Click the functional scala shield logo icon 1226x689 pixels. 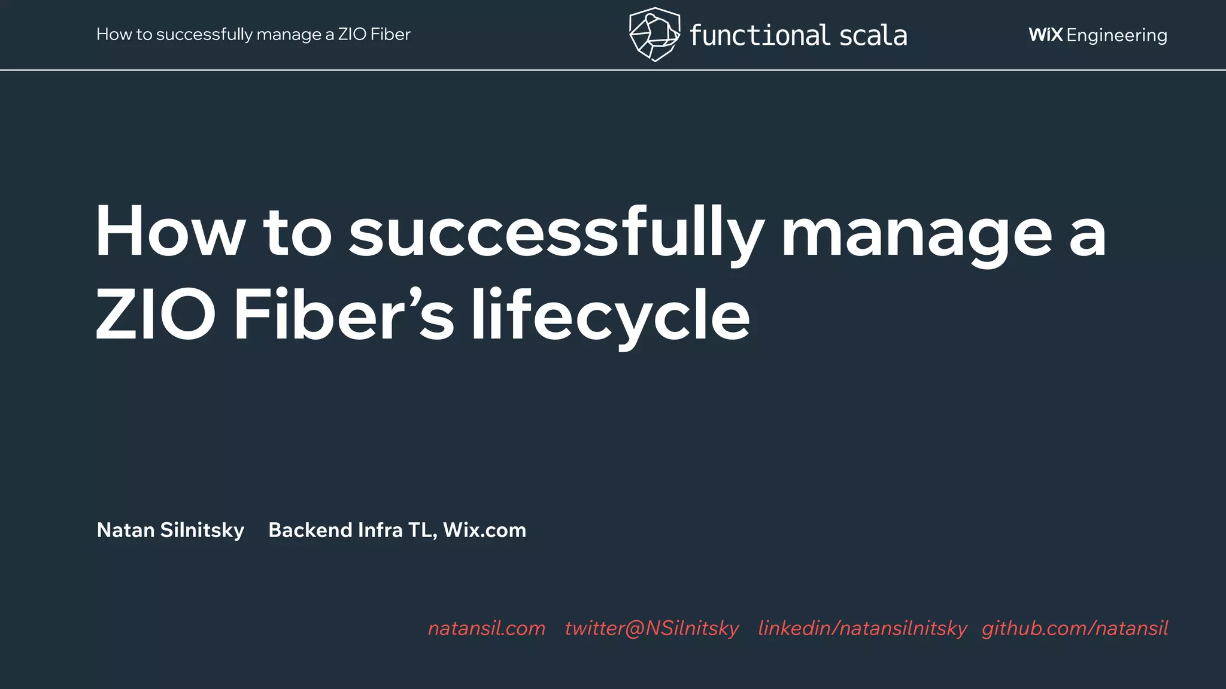654,34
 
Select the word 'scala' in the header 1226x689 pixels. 873,35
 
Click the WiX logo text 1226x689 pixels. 1045,35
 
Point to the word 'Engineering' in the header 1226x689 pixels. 1116,36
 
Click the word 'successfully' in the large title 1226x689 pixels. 556,233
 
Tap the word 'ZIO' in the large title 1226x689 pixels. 155,315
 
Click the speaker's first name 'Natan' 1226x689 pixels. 126,530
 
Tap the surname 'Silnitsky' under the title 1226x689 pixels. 202,531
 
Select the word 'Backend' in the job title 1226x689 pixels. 310,530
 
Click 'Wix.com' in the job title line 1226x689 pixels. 484,530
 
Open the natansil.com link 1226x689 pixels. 487,628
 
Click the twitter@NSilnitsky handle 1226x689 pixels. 651,628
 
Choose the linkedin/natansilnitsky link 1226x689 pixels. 862,628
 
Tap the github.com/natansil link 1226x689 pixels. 1075,628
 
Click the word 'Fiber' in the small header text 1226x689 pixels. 390,34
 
